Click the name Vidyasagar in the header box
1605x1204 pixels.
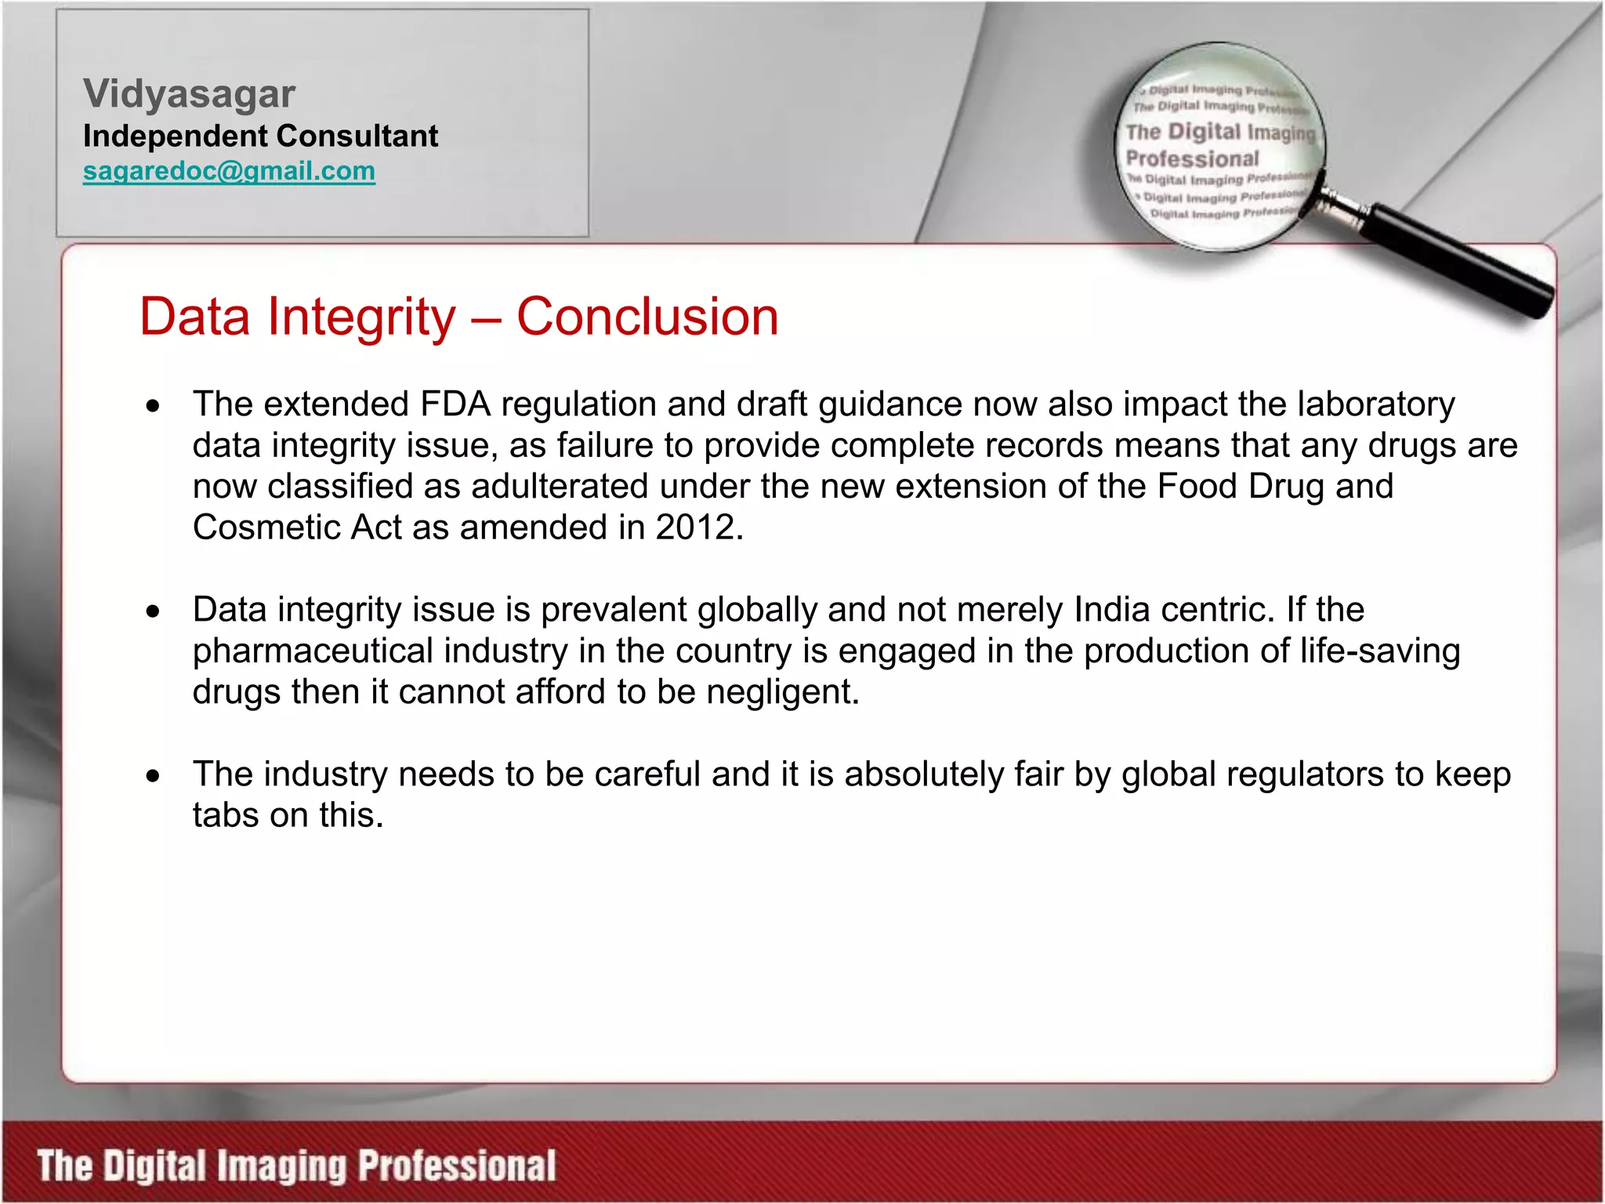click(x=189, y=94)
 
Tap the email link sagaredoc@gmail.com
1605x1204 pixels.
click(x=229, y=171)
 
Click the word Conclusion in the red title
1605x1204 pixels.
click(x=647, y=317)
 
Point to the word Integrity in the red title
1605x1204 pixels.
click(x=361, y=317)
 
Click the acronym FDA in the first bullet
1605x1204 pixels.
click(x=455, y=404)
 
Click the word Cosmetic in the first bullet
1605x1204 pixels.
click(x=266, y=528)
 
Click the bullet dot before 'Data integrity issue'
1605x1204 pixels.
click(x=153, y=611)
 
